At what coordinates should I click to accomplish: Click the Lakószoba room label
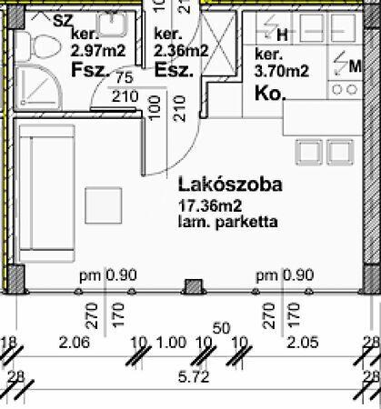pos(230,185)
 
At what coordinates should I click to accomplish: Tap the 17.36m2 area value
pos(210,206)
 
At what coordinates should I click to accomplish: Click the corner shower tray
pos(38,87)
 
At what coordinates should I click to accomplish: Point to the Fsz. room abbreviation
pos(90,70)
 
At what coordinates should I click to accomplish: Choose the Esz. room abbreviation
pos(174,70)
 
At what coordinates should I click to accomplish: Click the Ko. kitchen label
pos(270,94)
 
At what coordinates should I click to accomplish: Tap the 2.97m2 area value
pos(98,51)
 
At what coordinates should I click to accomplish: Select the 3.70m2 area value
pos(282,72)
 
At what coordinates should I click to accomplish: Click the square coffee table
pos(104,205)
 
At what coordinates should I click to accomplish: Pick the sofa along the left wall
pos(46,194)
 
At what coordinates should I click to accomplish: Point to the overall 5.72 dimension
pos(194,377)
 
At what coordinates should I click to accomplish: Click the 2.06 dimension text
pos(75,343)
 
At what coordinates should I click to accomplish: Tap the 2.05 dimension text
pos(303,343)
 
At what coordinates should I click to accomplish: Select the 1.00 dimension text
pos(171,343)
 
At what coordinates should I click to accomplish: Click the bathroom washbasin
pos(112,24)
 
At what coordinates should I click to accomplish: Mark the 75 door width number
pos(125,78)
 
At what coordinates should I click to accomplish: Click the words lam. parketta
pos(228,222)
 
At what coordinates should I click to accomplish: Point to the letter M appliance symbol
pos(355,66)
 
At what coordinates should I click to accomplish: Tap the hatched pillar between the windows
pos(194,286)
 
